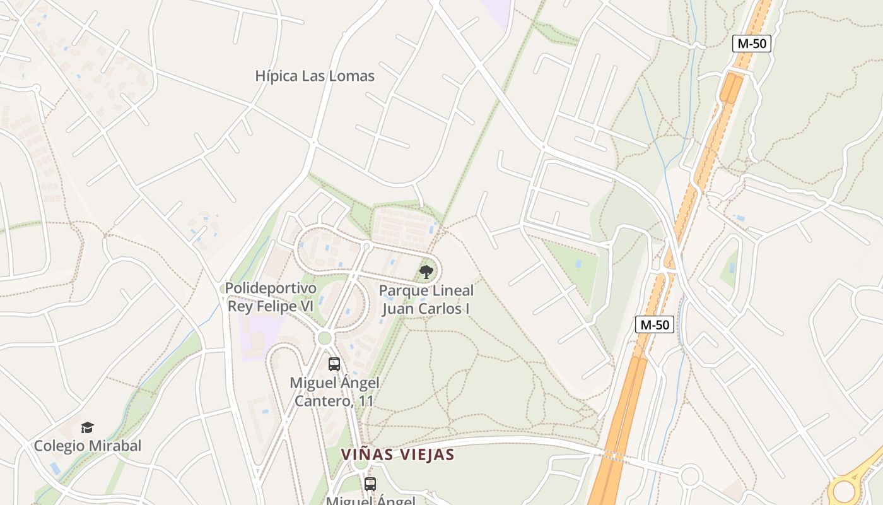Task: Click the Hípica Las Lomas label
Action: point(315,76)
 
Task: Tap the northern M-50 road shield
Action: point(752,44)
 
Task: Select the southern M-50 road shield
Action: point(655,324)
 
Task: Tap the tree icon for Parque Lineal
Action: point(426,272)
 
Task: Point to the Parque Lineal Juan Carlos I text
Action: point(427,300)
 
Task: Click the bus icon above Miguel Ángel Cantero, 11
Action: point(334,364)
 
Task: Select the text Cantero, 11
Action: point(334,401)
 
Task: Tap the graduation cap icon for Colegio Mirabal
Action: point(87,428)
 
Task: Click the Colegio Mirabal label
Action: point(87,446)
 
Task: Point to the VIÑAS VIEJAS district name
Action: point(397,454)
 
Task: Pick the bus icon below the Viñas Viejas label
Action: point(370,484)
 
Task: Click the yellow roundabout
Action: point(844,491)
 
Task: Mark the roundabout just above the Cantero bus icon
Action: point(324,338)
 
